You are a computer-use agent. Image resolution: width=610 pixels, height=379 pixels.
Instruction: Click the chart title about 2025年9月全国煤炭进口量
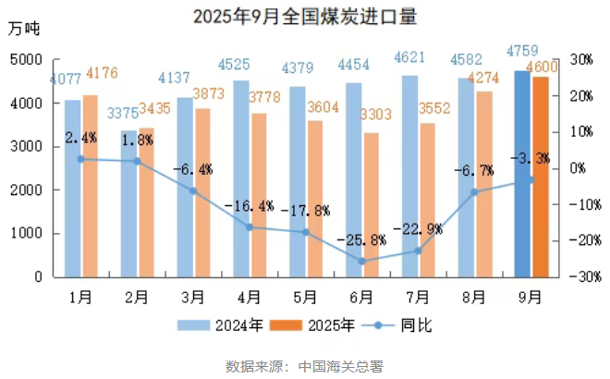pyautogui.click(x=305, y=17)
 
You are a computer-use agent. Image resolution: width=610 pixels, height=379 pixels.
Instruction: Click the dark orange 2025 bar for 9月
pyautogui.click(x=541, y=177)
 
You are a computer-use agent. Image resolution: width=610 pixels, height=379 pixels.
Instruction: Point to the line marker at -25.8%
pyautogui.click(x=362, y=262)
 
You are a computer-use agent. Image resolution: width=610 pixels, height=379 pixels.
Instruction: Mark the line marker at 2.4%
pyautogui.click(x=81, y=159)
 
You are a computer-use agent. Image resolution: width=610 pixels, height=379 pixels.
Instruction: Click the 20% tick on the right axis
pyautogui.click(x=580, y=95)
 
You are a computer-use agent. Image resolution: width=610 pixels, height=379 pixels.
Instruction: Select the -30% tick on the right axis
pyautogui.click(x=579, y=276)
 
